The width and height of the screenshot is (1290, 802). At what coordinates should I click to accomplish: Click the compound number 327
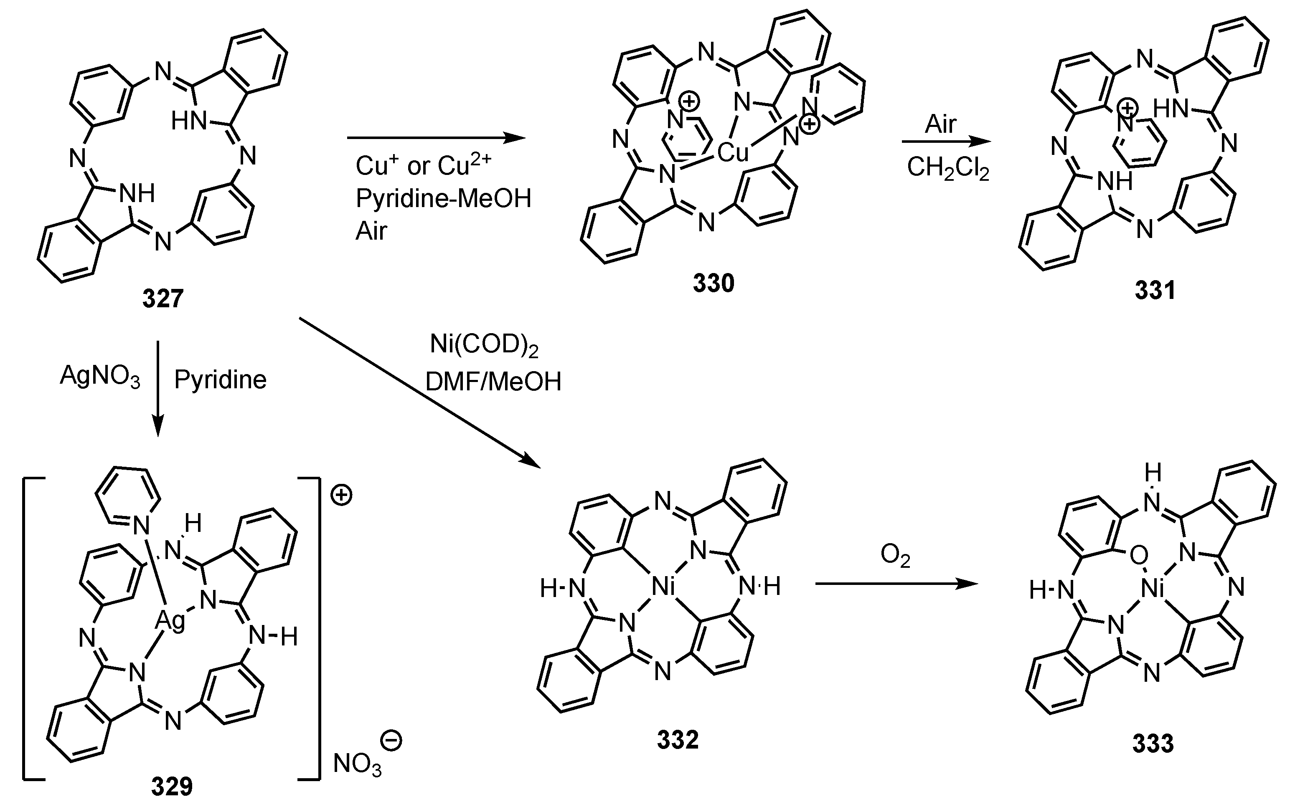click(x=163, y=299)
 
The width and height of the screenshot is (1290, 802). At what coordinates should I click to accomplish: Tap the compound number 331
click(x=1155, y=290)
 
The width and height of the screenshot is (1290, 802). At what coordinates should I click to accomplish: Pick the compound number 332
click(x=678, y=740)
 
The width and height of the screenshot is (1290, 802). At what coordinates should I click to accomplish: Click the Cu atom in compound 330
click(x=733, y=153)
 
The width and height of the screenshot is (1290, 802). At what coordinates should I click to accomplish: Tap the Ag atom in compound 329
click(x=170, y=620)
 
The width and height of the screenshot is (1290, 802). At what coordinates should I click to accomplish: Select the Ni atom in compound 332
click(x=663, y=587)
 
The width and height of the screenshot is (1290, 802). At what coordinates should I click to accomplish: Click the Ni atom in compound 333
click(x=1152, y=589)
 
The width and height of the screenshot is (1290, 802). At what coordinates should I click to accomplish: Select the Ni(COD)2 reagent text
click(x=483, y=345)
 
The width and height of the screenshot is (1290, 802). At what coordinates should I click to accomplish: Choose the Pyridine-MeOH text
click(x=443, y=198)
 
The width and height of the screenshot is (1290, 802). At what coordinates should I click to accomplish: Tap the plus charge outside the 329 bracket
click(x=341, y=496)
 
